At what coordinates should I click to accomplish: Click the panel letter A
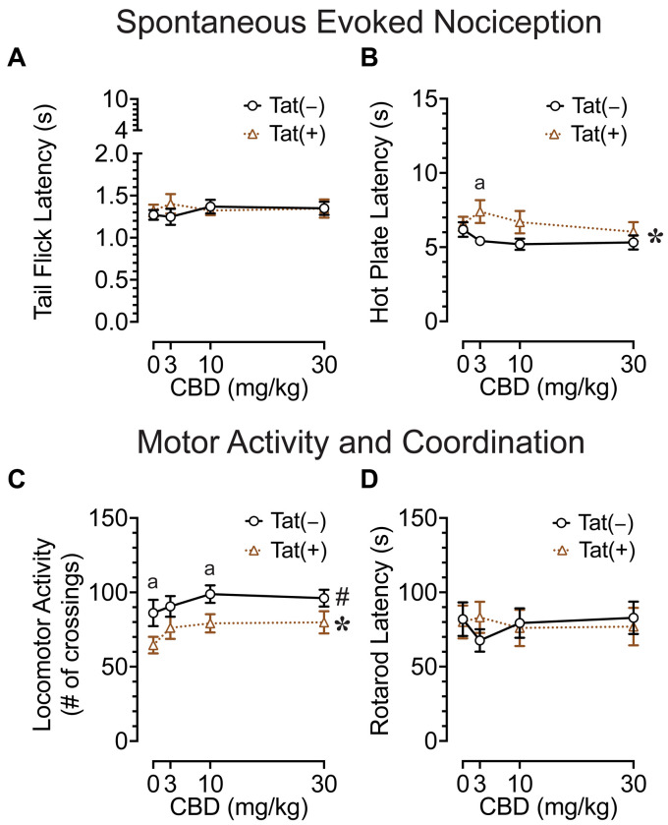click(17, 59)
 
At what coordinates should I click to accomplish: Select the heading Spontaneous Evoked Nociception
click(334, 21)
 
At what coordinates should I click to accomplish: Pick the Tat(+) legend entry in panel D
click(589, 553)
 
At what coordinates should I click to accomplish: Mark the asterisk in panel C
click(342, 625)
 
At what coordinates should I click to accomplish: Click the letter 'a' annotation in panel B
click(480, 183)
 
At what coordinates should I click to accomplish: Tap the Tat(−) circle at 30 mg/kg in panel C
click(324, 598)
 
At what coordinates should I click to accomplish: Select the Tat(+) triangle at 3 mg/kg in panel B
click(480, 210)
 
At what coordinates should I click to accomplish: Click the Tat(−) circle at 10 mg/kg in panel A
click(210, 206)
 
